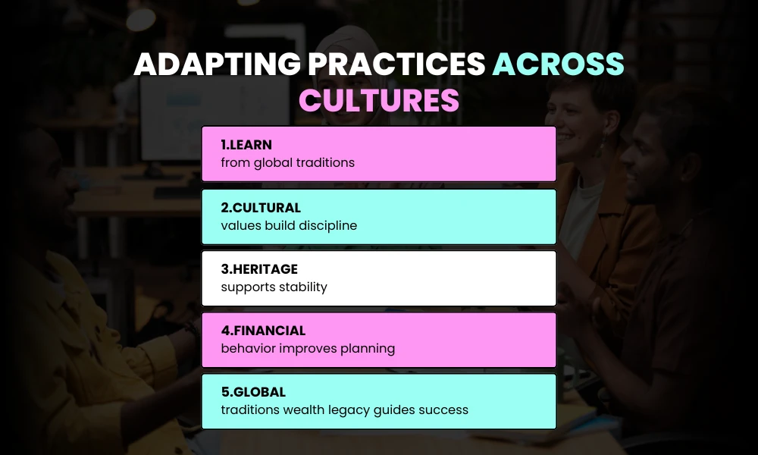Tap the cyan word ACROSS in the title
coord(559,66)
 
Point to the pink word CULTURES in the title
coord(379,100)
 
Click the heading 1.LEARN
coord(246,145)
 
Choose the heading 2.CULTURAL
coord(261,208)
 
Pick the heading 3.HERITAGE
coord(259,269)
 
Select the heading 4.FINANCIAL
coord(263,331)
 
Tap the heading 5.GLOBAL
coord(253,392)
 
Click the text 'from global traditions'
coord(287,162)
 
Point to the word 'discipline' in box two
coord(327,225)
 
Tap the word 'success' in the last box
coord(445,410)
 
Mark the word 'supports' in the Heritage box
coord(246,287)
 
